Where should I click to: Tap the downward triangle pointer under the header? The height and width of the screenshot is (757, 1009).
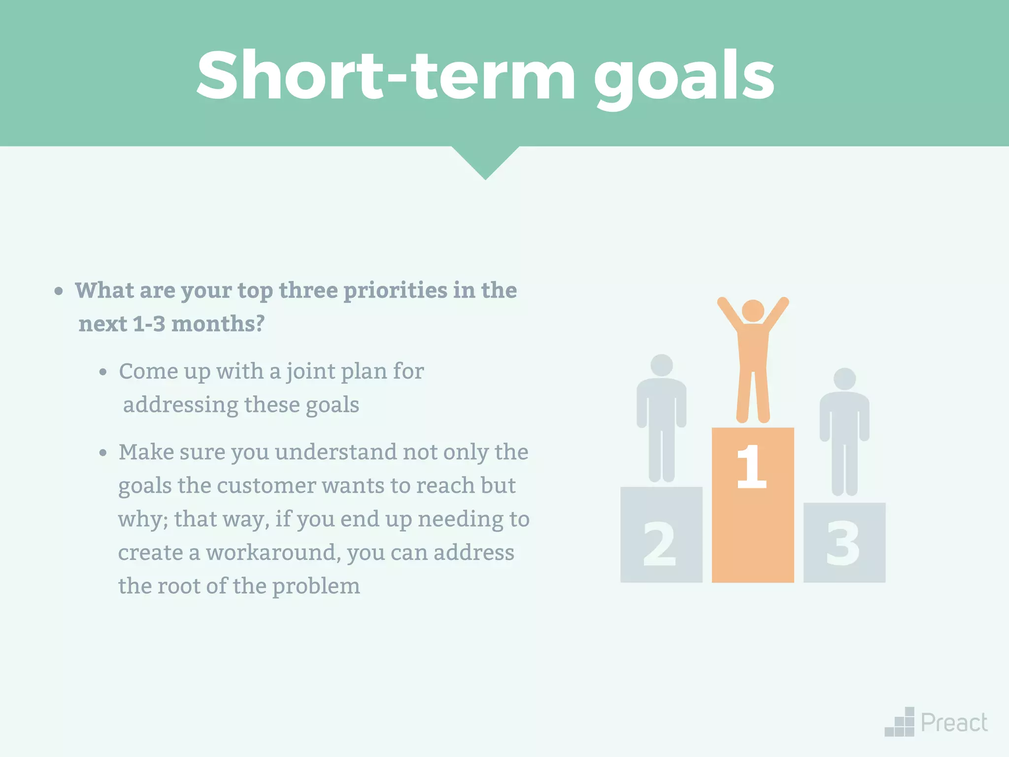tap(485, 160)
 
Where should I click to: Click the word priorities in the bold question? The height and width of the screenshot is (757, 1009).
tap(395, 291)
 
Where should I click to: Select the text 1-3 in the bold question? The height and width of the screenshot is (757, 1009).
tap(149, 324)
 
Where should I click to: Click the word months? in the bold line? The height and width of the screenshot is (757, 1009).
tap(218, 324)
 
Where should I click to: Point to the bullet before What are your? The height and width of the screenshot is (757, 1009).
tap(59, 291)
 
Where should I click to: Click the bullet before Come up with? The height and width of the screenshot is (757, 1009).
tap(102, 373)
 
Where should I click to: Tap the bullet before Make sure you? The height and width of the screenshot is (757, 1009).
tap(102, 453)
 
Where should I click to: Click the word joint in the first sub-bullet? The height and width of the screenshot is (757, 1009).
tap(309, 372)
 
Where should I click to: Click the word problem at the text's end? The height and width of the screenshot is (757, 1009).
tap(316, 586)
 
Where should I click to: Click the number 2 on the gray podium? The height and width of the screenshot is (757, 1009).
tap(659, 544)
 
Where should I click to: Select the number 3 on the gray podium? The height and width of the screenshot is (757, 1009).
tap(842, 544)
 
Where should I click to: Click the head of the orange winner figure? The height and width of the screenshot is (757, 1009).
tap(752, 310)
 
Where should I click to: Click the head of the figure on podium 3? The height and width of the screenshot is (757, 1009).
tap(844, 378)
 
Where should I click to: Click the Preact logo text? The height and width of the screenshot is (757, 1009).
tap(954, 723)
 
